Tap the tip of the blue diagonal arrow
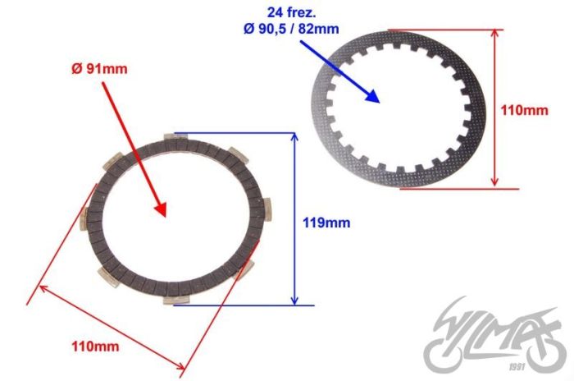point(380,102)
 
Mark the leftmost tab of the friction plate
point(84,219)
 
